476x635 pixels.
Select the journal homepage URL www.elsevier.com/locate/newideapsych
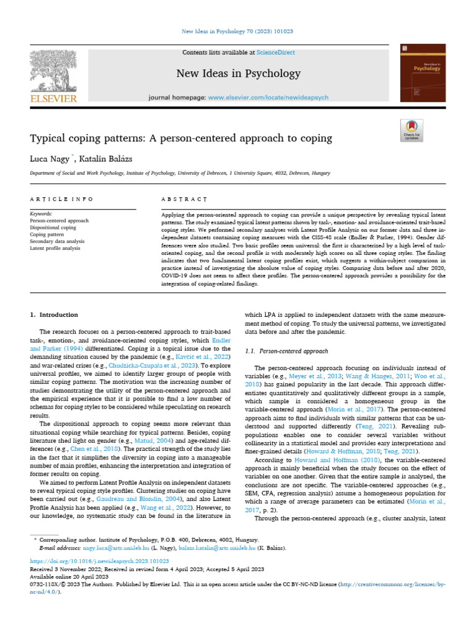point(268,98)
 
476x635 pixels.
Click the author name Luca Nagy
point(51,159)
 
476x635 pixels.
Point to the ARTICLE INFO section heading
point(62,199)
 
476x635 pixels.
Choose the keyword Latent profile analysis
point(55,248)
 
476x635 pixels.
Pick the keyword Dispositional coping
point(53,228)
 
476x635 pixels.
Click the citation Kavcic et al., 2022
point(208,358)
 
